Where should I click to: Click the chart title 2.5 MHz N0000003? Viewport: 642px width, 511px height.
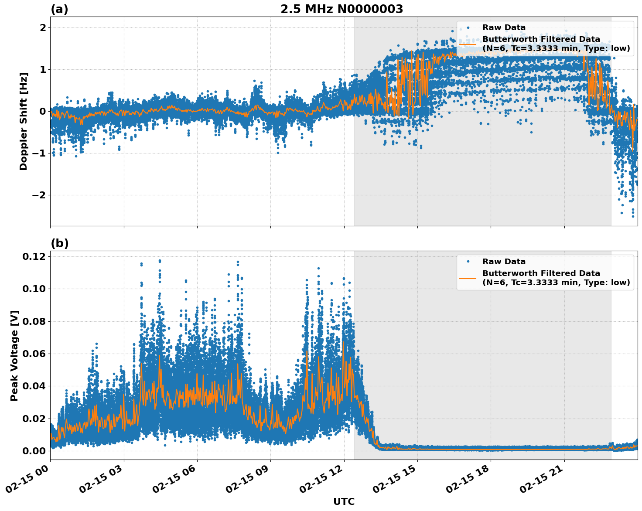pyautogui.click(x=341, y=9)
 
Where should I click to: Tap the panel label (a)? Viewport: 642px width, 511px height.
pyautogui.click(x=59, y=9)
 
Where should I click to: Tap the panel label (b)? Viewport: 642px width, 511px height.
pyautogui.click(x=59, y=243)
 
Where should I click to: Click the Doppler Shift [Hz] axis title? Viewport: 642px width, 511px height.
pyautogui.click(x=24, y=121)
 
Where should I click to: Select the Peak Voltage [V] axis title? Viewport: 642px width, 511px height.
pyautogui.click(x=14, y=355)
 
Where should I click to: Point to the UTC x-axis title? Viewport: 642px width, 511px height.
pyautogui.click(x=344, y=502)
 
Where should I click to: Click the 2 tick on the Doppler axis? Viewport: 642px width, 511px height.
pyautogui.click(x=43, y=27)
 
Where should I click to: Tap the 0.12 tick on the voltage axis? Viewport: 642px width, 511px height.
pyautogui.click(x=34, y=256)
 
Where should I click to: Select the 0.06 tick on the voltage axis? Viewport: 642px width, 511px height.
pyautogui.click(x=34, y=354)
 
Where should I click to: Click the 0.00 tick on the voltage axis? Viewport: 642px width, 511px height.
pyautogui.click(x=34, y=451)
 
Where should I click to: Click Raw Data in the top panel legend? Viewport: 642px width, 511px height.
pyautogui.click(x=504, y=27)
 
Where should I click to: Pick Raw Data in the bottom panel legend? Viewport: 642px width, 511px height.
pyautogui.click(x=504, y=262)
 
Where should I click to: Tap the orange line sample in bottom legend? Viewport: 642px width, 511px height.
pyautogui.click(x=468, y=278)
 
